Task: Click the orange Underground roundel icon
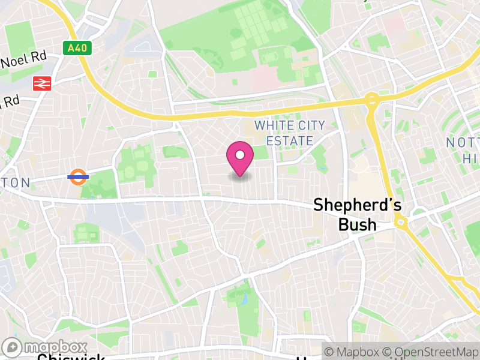click(79, 177)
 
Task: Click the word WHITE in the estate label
click(273, 126)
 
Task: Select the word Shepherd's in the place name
click(358, 205)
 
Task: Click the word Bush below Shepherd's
click(357, 224)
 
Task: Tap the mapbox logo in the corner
click(46, 347)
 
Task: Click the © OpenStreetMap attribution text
click(431, 352)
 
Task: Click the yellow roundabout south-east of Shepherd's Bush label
click(401, 223)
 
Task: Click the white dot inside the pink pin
click(240, 155)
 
